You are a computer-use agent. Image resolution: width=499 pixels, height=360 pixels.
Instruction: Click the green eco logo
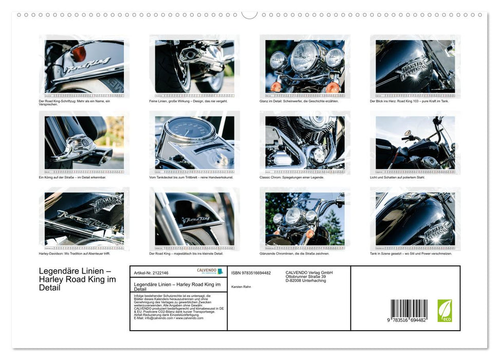(x=445, y=311)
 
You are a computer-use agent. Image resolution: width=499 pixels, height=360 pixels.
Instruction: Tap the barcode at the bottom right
(x=409, y=312)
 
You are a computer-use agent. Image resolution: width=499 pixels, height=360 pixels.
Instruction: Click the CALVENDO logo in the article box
(x=210, y=271)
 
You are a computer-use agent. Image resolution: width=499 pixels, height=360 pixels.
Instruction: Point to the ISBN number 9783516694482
(x=251, y=273)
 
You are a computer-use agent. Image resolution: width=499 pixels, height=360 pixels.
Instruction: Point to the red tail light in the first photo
(x=79, y=53)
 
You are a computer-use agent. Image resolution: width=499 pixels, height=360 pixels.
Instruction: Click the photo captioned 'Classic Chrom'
(x=305, y=142)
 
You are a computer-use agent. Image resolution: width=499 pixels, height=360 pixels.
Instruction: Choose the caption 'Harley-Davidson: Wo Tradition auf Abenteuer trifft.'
(x=75, y=254)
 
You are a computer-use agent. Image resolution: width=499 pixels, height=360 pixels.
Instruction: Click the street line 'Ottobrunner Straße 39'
(x=306, y=277)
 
